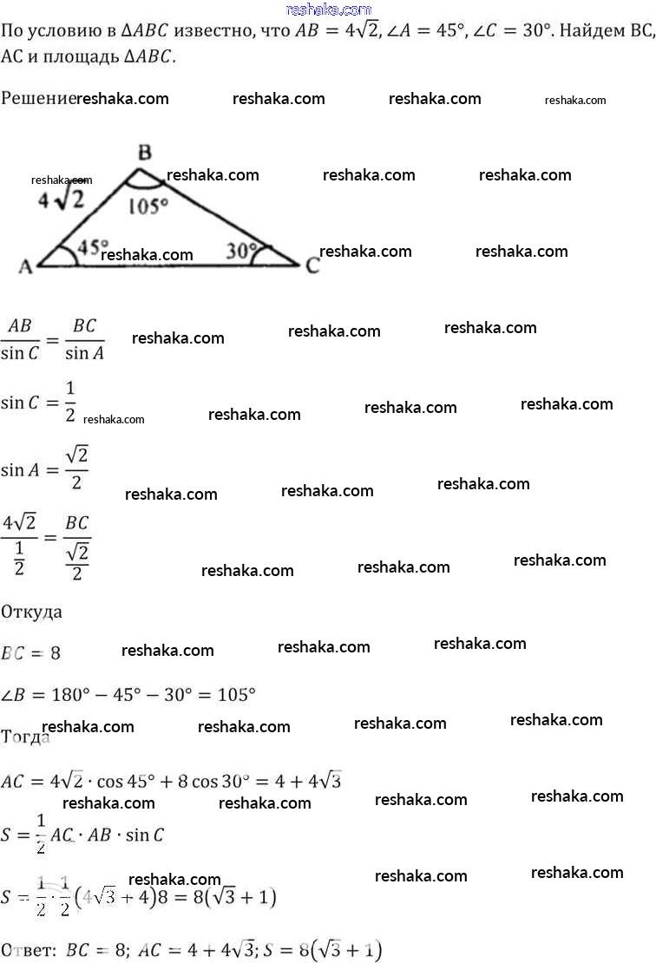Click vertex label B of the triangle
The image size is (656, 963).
(x=145, y=154)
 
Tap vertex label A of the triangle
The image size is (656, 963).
(x=25, y=267)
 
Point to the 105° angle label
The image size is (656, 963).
(x=147, y=206)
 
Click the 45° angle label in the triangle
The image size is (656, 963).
(x=93, y=247)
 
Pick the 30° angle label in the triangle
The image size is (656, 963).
(x=241, y=251)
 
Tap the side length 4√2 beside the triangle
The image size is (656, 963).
(x=61, y=200)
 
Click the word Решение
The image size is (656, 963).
(x=38, y=99)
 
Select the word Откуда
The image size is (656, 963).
(x=32, y=612)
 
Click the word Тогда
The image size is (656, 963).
(x=26, y=737)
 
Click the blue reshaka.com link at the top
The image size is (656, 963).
(x=327, y=10)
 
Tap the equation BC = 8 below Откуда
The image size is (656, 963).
(x=31, y=653)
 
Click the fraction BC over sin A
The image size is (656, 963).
(x=84, y=339)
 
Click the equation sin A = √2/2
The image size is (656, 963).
(x=44, y=469)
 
